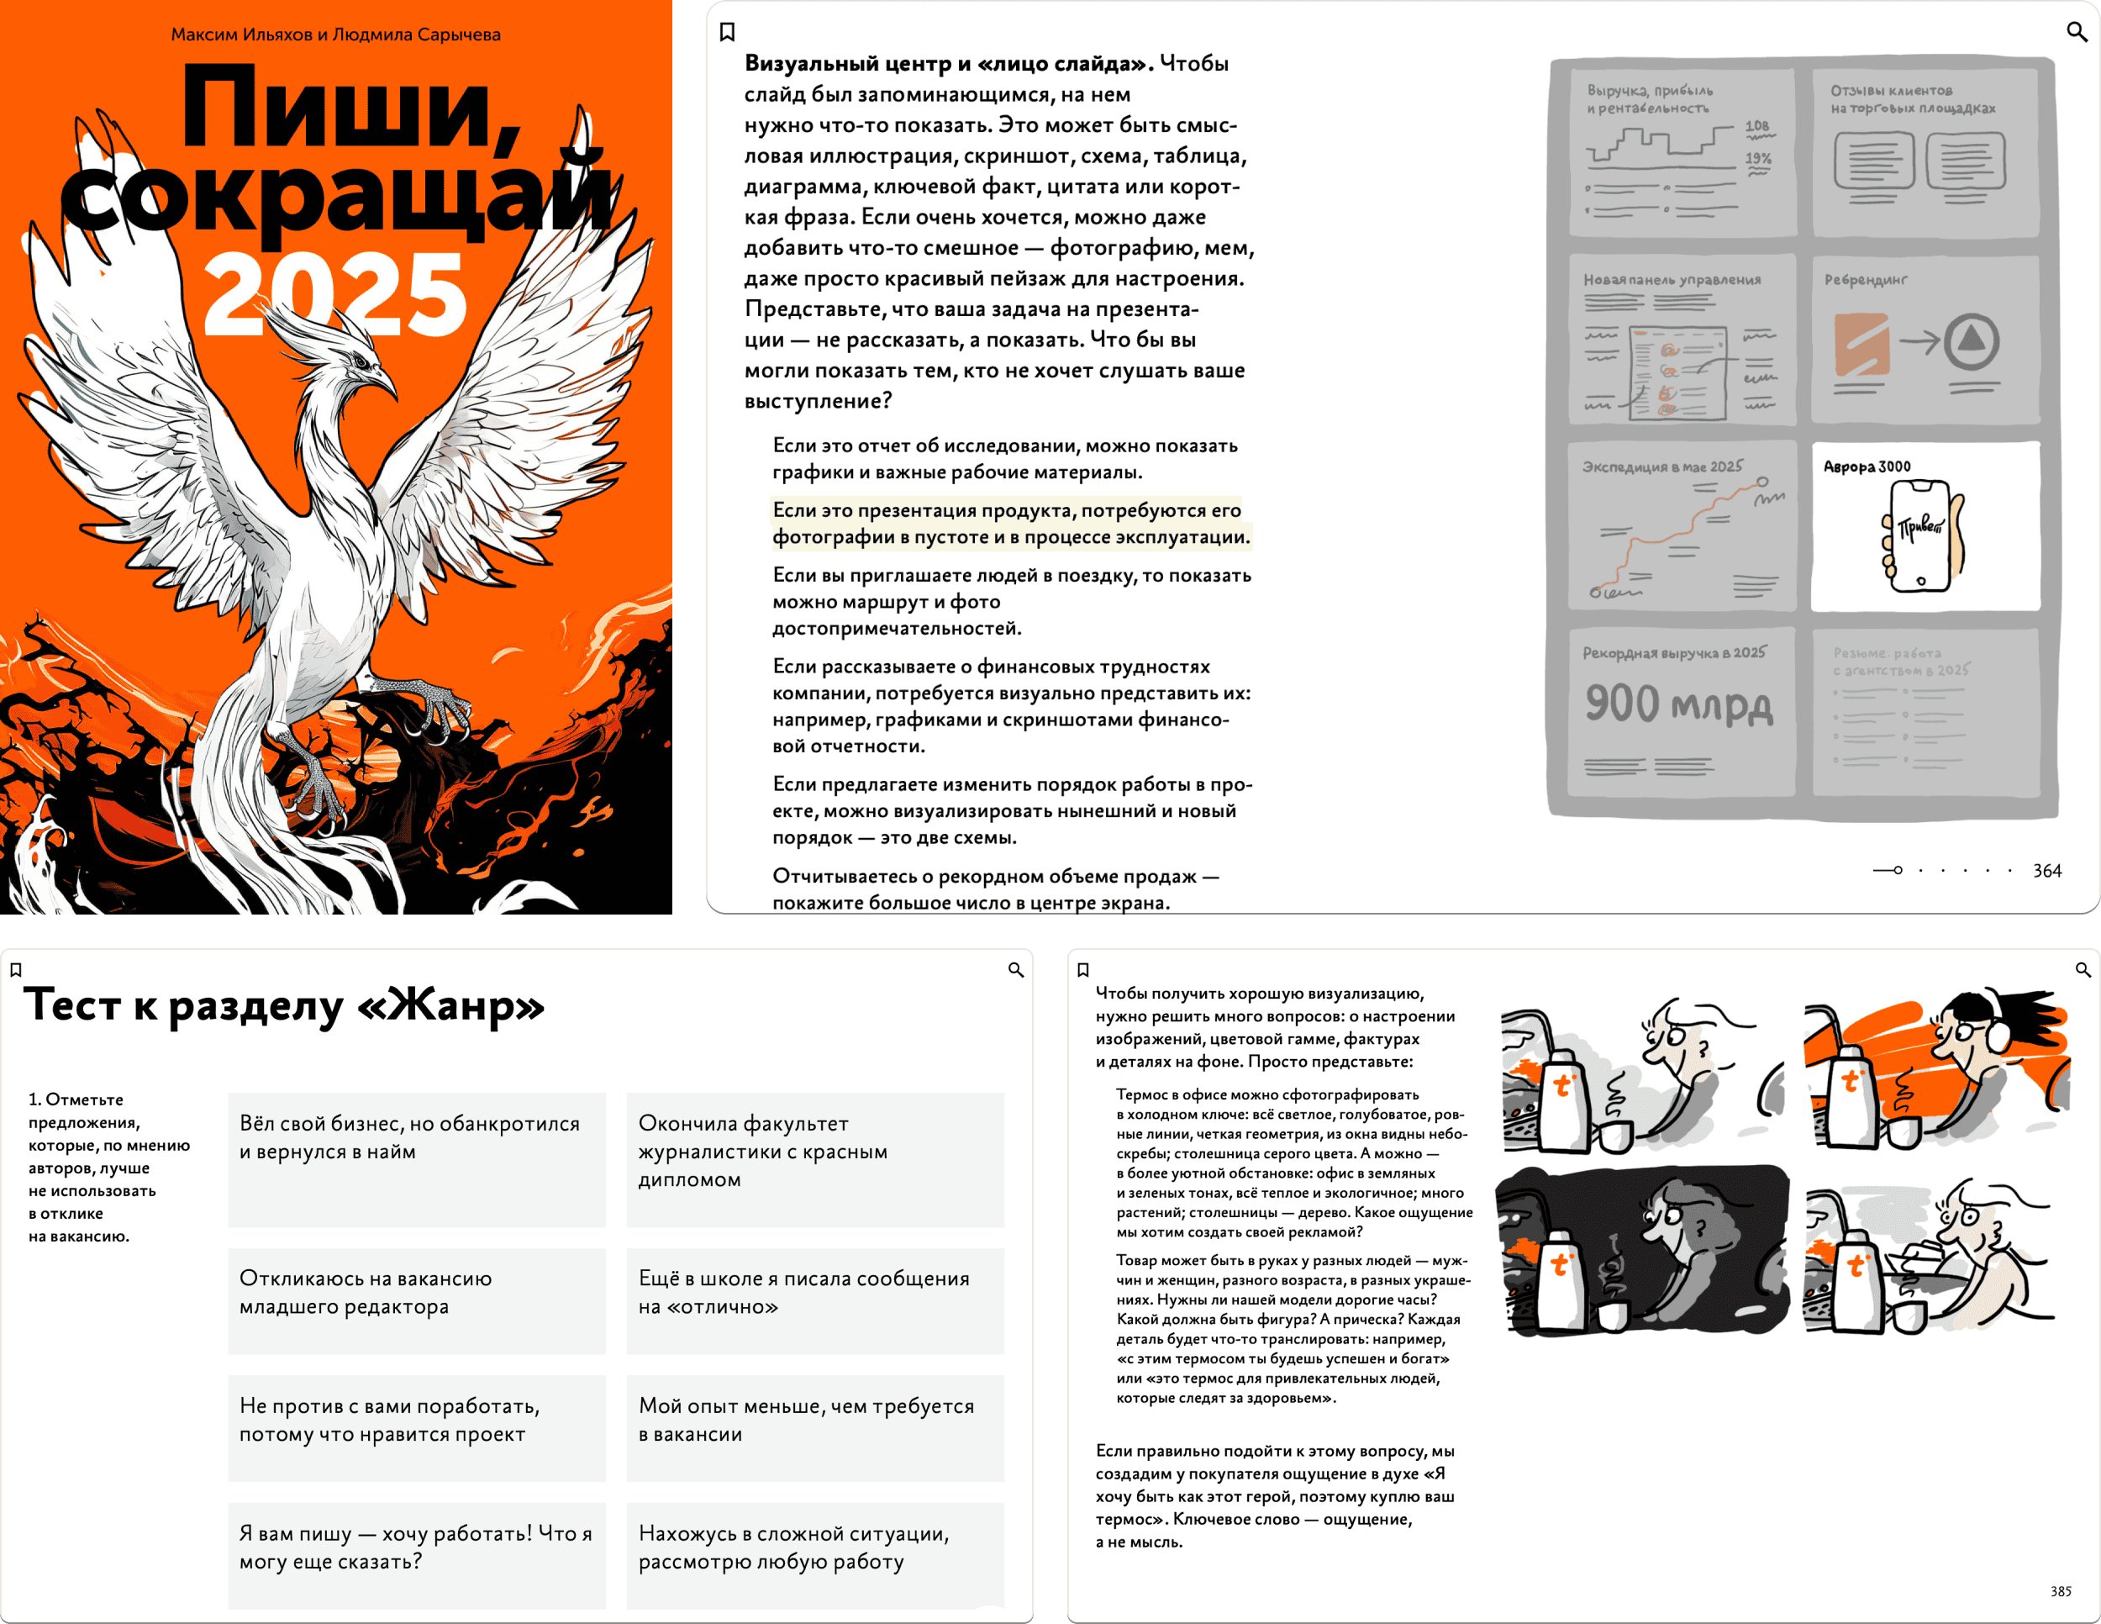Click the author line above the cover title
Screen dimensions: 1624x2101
[334, 34]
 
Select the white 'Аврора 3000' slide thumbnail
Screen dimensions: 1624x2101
[1925, 525]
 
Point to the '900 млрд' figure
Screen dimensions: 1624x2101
[1678, 704]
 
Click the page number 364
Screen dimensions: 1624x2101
[2046, 871]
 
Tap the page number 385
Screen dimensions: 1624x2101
[2060, 1591]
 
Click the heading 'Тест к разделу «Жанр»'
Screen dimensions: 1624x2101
[285, 1006]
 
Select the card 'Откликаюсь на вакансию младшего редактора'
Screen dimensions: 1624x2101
[417, 1300]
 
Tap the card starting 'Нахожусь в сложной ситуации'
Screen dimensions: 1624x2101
[815, 1555]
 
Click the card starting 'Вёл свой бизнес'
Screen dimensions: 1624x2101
[417, 1158]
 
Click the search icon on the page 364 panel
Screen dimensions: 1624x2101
[2077, 32]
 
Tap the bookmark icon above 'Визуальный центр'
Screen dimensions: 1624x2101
[727, 33]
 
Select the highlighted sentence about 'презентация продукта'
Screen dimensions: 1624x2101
[1010, 524]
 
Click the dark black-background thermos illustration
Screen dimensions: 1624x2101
[1642, 1250]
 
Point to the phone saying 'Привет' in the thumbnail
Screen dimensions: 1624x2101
[1920, 535]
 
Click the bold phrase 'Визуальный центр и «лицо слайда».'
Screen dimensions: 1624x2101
[949, 64]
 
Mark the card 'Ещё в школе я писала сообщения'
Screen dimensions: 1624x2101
[815, 1300]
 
